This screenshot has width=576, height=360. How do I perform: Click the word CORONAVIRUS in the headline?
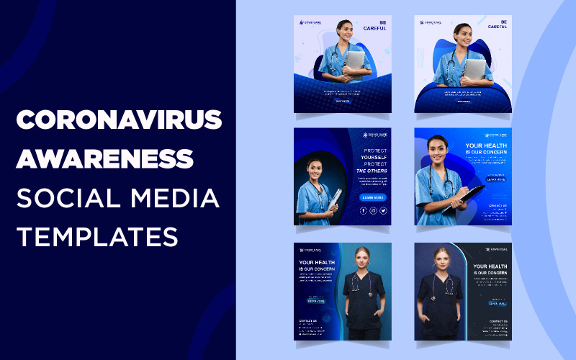coord(119,121)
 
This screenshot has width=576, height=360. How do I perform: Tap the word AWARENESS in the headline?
coord(105,158)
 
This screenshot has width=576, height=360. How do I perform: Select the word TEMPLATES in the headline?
coord(97,233)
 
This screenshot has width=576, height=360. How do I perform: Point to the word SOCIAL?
coord(63,195)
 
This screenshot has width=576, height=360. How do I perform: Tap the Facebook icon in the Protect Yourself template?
coord(363,211)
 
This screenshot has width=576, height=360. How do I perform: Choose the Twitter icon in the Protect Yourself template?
coord(383,211)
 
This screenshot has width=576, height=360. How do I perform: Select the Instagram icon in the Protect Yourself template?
coord(373,211)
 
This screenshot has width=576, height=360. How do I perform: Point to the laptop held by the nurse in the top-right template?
coord(474,69)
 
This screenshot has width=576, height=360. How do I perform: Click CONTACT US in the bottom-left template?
coord(308,321)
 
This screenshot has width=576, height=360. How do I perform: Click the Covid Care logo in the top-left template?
coord(310,22)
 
